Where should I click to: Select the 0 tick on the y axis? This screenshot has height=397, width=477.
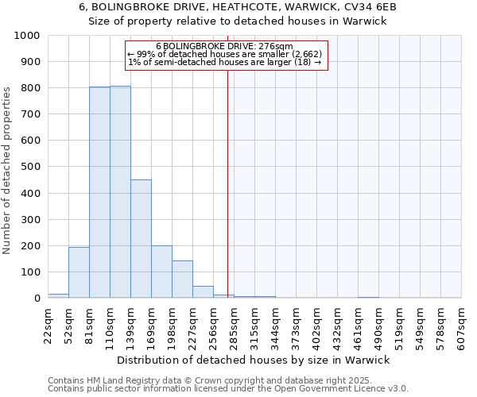[x=37, y=299]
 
